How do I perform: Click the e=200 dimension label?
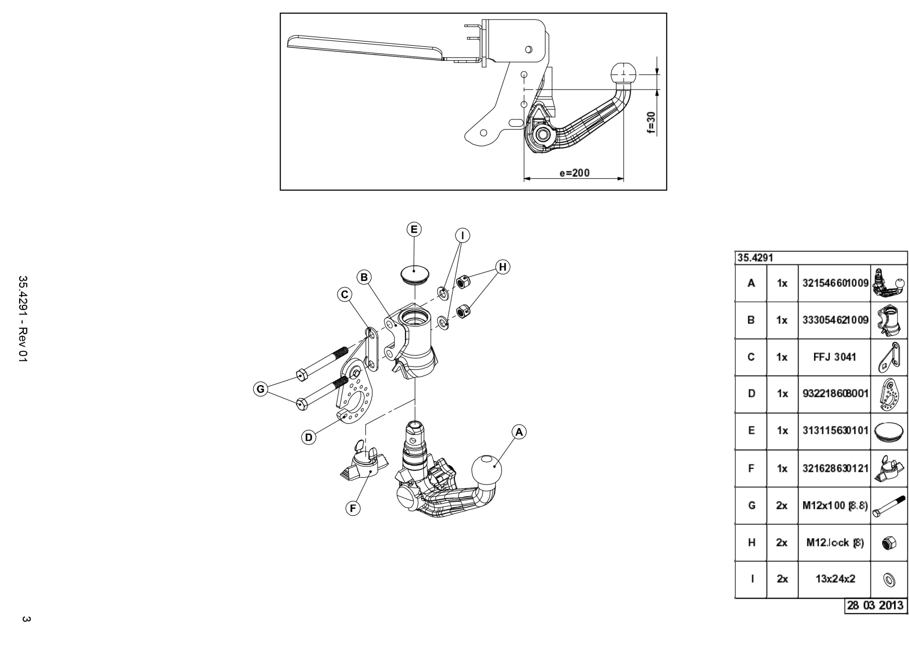[x=574, y=173]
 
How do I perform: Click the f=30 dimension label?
[x=652, y=123]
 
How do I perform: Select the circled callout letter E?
[x=414, y=229]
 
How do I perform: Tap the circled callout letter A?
[x=519, y=432]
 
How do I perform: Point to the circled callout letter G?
[x=260, y=389]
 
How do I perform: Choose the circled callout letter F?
[x=353, y=508]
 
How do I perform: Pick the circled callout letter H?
[x=502, y=267]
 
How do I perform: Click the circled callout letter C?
[x=345, y=295]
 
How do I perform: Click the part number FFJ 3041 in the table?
[x=834, y=357]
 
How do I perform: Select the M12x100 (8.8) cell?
[x=835, y=505]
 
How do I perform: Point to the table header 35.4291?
[x=755, y=258]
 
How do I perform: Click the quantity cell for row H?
[x=782, y=542]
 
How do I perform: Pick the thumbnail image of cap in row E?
[x=888, y=431]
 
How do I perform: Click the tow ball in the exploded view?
[x=487, y=470]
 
